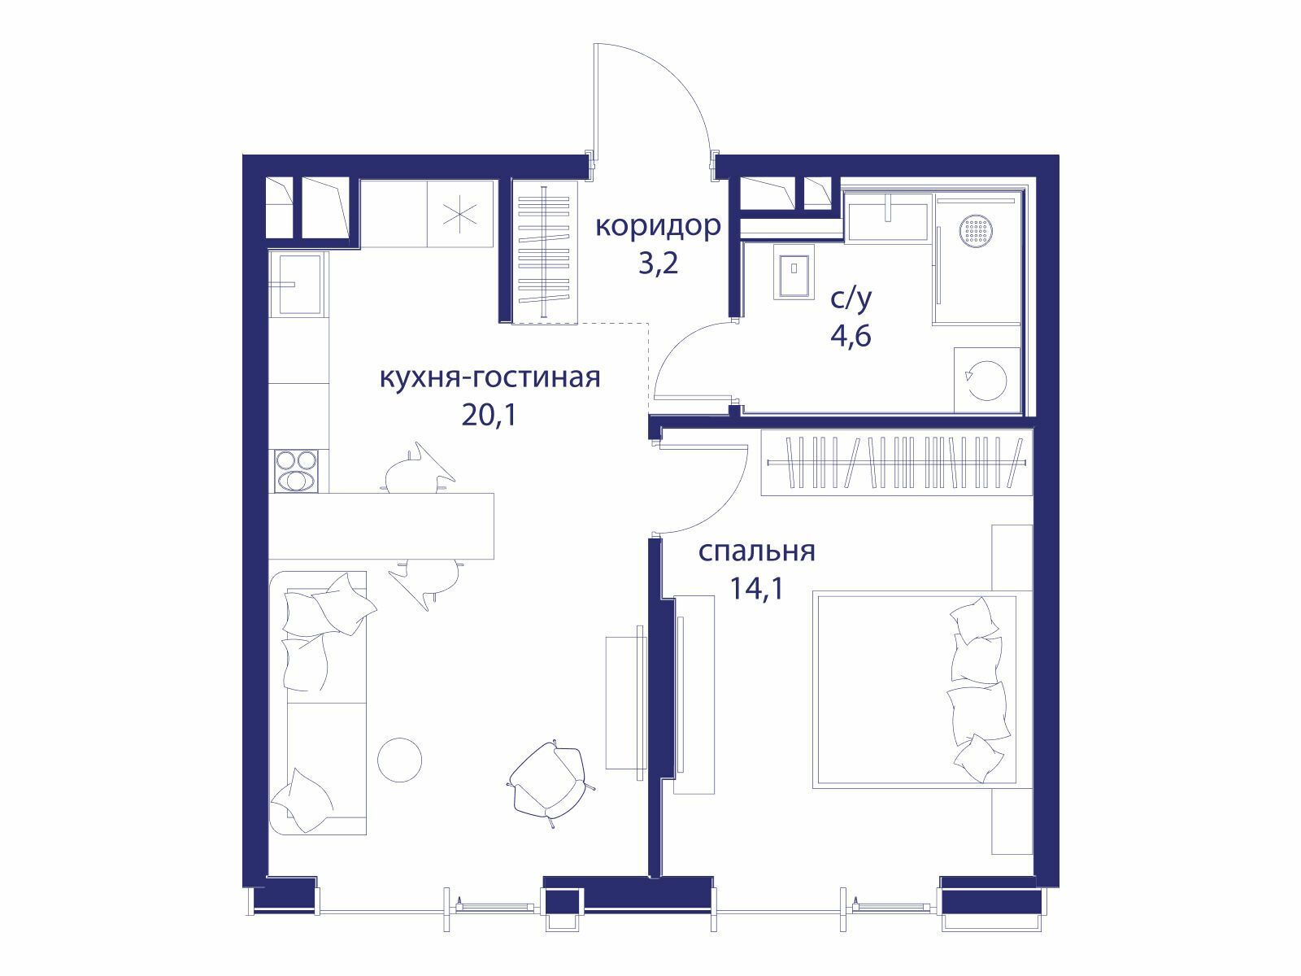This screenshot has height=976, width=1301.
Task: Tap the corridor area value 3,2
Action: coord(658,264)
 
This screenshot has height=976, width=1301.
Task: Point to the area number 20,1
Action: coord(490,416)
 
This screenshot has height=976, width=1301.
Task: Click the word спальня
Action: coord(757,551)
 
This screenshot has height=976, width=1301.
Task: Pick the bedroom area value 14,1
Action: coord(757,588)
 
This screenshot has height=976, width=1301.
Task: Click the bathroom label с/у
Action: coord(851,300)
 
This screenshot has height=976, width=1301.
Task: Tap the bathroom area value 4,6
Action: coord(851,337)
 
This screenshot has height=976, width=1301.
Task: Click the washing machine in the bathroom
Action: coord(987,380)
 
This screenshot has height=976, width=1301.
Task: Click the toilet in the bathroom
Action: coord(793,273)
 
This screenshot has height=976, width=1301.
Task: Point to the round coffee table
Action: coord(399,760)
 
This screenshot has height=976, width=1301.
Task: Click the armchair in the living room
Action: coord(550,782)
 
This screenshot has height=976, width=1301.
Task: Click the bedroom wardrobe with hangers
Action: coord(897,462)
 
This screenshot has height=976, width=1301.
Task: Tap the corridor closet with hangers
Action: coord(545,253)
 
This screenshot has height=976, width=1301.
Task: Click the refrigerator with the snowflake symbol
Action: coord(460,214)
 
